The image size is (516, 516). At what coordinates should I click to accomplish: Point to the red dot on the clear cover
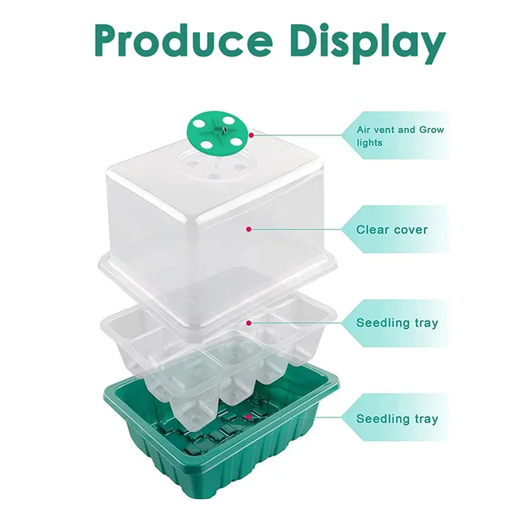[x=249, y=230]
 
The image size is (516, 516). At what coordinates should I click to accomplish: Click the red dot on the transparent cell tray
[x=249, y=322]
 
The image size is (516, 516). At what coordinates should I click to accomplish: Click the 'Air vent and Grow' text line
[x=400, y=129]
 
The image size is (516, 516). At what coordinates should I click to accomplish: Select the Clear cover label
[x=392, y=230]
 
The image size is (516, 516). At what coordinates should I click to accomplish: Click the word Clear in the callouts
[x=372, y=230]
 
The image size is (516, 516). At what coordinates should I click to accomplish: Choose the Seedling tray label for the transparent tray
[x=397, y=323]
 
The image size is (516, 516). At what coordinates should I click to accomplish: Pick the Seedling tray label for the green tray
[x=397, y=419]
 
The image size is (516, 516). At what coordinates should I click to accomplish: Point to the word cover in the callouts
[x=411, y=230]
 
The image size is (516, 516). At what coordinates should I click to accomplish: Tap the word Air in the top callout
[x=364, y=129]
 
